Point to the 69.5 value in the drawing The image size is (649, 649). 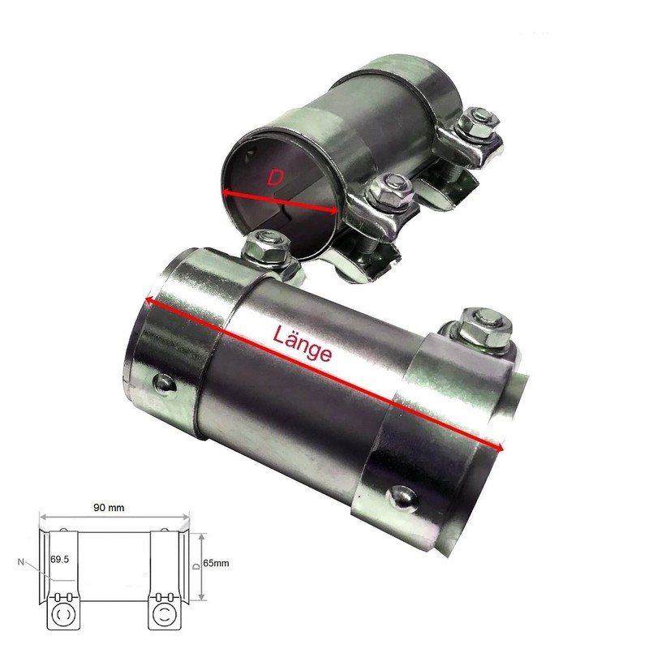(60, 560)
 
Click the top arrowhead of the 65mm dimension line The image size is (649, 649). (200, 534)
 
